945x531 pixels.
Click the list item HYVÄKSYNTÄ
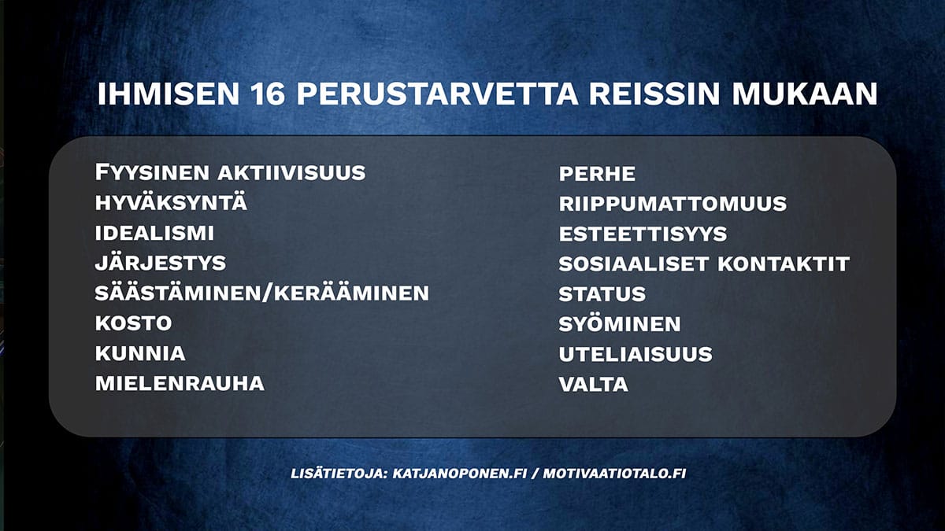point(171,203)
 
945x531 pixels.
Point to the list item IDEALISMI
point(154,234)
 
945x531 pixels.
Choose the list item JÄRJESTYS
point(161,263)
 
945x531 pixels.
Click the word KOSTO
point(133,323)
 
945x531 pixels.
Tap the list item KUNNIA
point(140,353)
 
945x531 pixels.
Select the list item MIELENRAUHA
point(180,384)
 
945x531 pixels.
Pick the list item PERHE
point(597,174)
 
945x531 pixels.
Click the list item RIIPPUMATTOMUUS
point(673,204)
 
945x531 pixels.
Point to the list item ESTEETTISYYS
point(643,234)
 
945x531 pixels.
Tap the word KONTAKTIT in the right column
point(783,264)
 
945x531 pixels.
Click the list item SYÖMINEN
point(620,324)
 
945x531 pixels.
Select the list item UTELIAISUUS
point(636,354)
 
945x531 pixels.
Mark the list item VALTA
point(593,385)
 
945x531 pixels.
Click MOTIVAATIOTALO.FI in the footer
point(614,474)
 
